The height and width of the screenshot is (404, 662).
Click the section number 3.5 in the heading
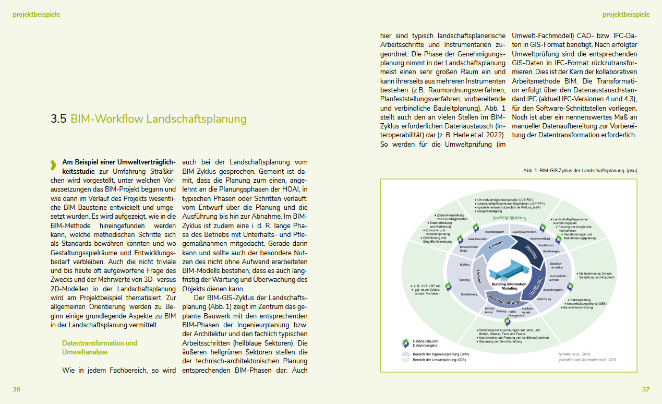(x=58, y=119)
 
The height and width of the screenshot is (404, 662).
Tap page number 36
(x=17, y=390)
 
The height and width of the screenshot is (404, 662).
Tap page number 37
(x=646, y=390)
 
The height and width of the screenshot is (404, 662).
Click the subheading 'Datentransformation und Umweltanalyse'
(x=100, y=348)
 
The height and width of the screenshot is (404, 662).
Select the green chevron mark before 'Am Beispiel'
(x=53, y=165)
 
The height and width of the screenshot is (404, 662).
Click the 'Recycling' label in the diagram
(x=464, y=279)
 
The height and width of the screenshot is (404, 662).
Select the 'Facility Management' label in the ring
(x=516, y=313)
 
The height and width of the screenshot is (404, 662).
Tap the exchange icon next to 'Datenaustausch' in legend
(x=405, y=343)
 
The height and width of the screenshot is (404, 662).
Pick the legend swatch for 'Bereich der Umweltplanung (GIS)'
(x=405, y=360)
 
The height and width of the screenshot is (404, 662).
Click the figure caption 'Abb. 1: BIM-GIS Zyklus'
(x=580, y=171)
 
